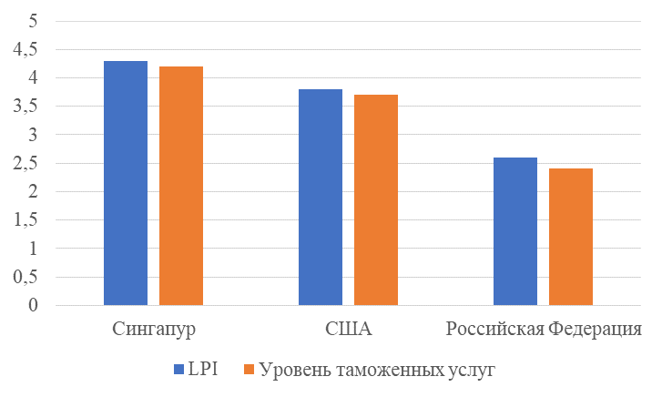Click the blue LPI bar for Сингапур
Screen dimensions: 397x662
tap(126, 182)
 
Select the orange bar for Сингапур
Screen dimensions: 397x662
tap(181, 186)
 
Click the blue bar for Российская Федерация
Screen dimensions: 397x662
tap(515, 231)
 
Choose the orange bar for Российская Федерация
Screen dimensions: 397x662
tap(571, 237)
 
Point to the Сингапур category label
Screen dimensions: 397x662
tap(154, 328)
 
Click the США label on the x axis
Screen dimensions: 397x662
tap(349, 328)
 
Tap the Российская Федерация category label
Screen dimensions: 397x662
tap(544, 328)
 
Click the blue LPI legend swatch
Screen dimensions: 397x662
tap(178, 370)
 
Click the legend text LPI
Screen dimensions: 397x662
tap(200, 370)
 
